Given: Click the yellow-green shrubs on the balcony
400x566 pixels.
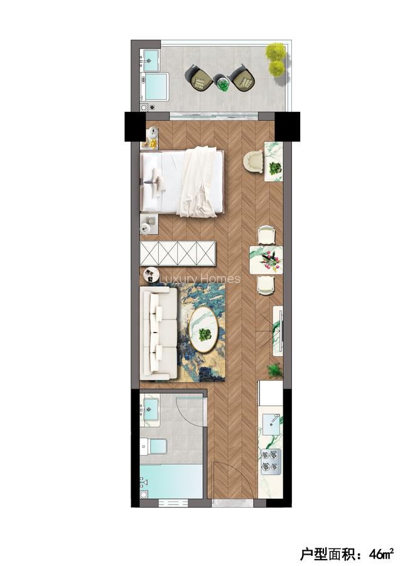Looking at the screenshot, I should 276,59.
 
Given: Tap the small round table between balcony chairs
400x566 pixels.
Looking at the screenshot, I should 223,82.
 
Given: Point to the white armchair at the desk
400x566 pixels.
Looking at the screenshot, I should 254,162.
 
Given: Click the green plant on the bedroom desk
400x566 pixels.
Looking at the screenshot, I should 274,168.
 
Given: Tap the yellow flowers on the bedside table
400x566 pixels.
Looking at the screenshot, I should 153,144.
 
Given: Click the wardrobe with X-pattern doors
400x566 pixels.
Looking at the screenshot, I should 178,253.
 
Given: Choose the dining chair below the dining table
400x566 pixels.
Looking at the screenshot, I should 266,285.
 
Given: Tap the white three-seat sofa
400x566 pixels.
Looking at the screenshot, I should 156,333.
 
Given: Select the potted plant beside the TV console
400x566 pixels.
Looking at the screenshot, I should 274,371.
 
